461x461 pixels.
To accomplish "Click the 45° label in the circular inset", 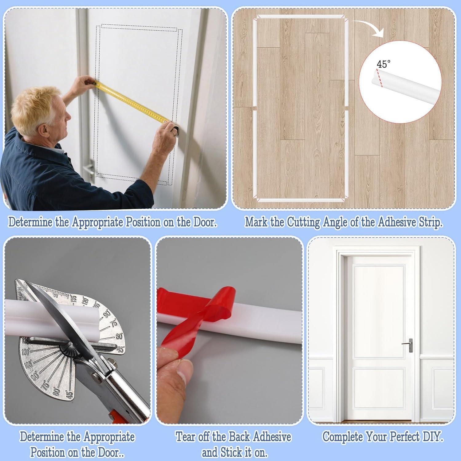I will tap(383, 64).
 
